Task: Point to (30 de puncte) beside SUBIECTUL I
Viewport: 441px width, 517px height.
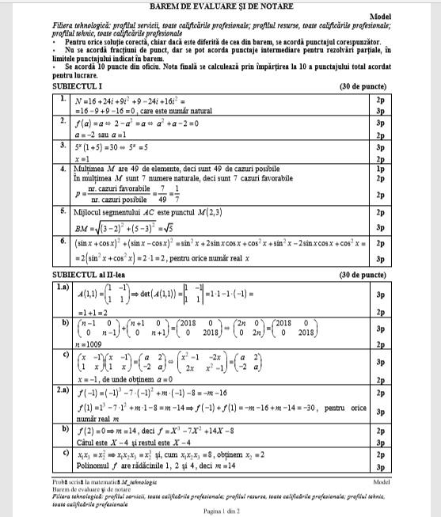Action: tap(362, 85)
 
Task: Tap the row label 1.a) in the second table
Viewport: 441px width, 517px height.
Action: tap(63, 287)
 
